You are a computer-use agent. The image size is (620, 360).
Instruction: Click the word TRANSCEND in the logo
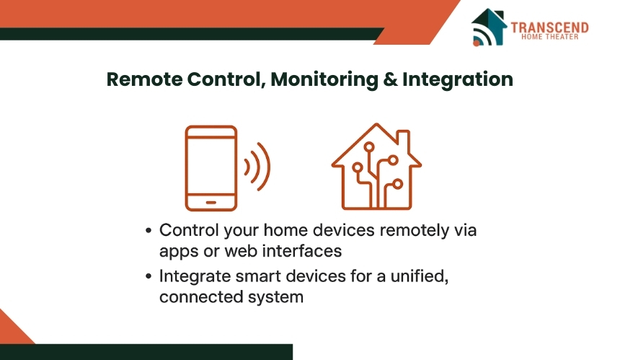click(549, 27)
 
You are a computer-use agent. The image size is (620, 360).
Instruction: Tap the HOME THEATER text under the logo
click(549, 37)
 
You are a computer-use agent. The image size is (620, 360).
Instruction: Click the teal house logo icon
click(489, 27)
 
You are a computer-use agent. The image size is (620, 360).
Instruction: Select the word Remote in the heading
click(144, 79)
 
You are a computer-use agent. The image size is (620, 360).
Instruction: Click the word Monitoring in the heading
click(324, 80)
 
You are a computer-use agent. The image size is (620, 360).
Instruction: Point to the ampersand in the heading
click(390, 79)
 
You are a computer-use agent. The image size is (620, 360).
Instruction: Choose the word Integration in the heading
click(458, 80)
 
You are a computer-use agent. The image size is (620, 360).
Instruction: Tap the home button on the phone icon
click(211, 203)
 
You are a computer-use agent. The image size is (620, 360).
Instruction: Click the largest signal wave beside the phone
click(264, 167)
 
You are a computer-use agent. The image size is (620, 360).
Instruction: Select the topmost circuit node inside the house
click(369, 147)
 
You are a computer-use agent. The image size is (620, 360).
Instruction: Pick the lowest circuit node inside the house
click(397, 184)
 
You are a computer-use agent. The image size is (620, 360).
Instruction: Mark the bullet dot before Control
click(149, 230)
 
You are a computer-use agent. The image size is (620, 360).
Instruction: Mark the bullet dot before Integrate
click(149, 276)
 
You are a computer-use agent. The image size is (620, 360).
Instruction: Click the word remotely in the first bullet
click(414, 231)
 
